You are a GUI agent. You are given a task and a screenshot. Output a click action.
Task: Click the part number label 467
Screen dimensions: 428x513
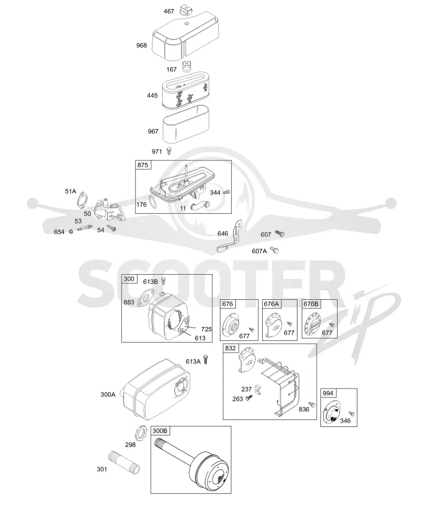[169, 11]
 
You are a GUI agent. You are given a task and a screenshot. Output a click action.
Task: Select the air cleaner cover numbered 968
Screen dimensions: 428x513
[186, 36]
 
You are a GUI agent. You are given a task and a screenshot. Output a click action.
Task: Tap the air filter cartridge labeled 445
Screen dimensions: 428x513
[186, 90]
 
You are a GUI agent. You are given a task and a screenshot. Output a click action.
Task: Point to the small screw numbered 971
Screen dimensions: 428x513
[169, 151]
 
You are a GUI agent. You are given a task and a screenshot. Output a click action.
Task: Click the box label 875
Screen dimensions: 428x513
[142, 165]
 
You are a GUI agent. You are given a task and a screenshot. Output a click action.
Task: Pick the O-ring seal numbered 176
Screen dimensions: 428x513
[152, 202]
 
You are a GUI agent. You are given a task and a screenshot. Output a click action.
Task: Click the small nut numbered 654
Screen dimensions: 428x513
[71, 231]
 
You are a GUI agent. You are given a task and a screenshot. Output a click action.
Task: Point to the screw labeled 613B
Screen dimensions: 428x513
[165, 281]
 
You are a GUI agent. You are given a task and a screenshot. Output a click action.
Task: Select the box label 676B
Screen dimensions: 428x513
[311, 304]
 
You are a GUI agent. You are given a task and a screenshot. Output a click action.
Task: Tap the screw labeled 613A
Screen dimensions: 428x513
[205, 359]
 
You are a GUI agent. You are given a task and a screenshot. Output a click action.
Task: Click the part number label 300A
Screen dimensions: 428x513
[108, 394]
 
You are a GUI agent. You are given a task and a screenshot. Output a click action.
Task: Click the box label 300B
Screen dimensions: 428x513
[160, 431]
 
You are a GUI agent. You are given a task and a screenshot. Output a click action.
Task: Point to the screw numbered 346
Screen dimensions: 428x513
[352, 413]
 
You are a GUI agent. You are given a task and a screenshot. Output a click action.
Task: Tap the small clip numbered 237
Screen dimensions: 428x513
[258, 390]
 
